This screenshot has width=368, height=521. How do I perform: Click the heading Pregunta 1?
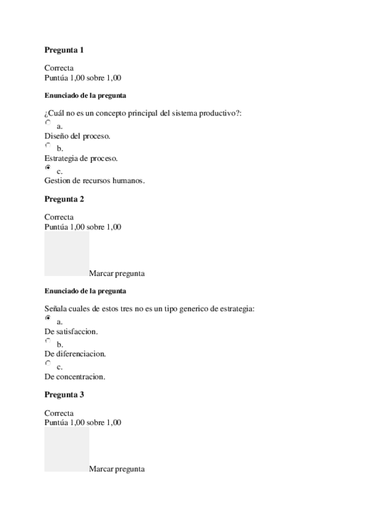coord(64,49)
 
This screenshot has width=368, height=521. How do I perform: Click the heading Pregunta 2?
coord(64,199)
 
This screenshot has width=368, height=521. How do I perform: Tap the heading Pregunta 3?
coord(64,395)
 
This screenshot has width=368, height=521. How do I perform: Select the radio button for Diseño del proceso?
coord(48,123)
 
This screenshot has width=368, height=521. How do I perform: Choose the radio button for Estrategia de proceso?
coord(48,146)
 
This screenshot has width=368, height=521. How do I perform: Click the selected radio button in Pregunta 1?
coord(48,168)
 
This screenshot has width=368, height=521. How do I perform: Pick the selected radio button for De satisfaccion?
coord(48,319)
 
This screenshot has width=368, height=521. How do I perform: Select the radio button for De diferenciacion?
coord(48,341)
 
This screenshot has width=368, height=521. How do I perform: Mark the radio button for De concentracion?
coord(48,364)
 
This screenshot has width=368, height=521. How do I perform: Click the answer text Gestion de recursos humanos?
coord(95,181)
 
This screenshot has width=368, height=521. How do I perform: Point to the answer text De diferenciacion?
coord(76,354)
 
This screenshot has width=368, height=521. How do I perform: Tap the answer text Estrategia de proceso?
coord(81,158)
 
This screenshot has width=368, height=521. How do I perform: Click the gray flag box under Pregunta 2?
coord(66,253)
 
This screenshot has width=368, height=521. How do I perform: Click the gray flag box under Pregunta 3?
coord(66,449)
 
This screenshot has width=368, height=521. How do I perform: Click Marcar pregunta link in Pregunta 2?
coord(117,273)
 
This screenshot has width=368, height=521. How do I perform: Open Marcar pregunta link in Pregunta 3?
coord(117,469)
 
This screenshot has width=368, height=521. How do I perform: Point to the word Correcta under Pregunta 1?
coord(59,68)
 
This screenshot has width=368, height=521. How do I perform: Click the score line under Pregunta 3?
coord(83,423)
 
